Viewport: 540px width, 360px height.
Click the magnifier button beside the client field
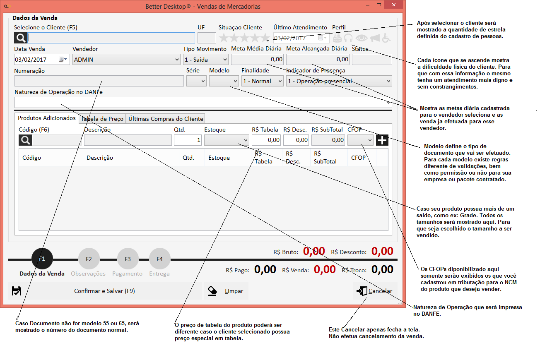coord(20,38)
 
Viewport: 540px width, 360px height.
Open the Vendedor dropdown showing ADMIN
coord(126,60)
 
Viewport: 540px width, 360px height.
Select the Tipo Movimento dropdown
coord(205,60)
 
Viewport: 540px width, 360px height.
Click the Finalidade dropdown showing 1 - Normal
coord(262,81)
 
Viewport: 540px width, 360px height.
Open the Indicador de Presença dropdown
coord(339,81)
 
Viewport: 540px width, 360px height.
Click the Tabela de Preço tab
coord(102,119)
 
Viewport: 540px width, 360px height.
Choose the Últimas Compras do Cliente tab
coord(166,119)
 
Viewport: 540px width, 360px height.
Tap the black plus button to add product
coord(382,140)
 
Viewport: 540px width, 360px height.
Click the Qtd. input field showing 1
coord(188,140)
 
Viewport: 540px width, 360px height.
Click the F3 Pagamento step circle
coord(128,259)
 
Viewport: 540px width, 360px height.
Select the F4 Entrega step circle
coord(159,259)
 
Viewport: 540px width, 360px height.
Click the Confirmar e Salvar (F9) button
coord(105,291)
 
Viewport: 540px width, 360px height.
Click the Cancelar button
coord(375,291)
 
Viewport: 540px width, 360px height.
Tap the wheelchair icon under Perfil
coord(386,38)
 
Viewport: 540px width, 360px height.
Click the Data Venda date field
coord(42,60)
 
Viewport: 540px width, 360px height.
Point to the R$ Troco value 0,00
coord(382,269)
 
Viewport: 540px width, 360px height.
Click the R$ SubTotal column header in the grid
coord(325,158)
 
